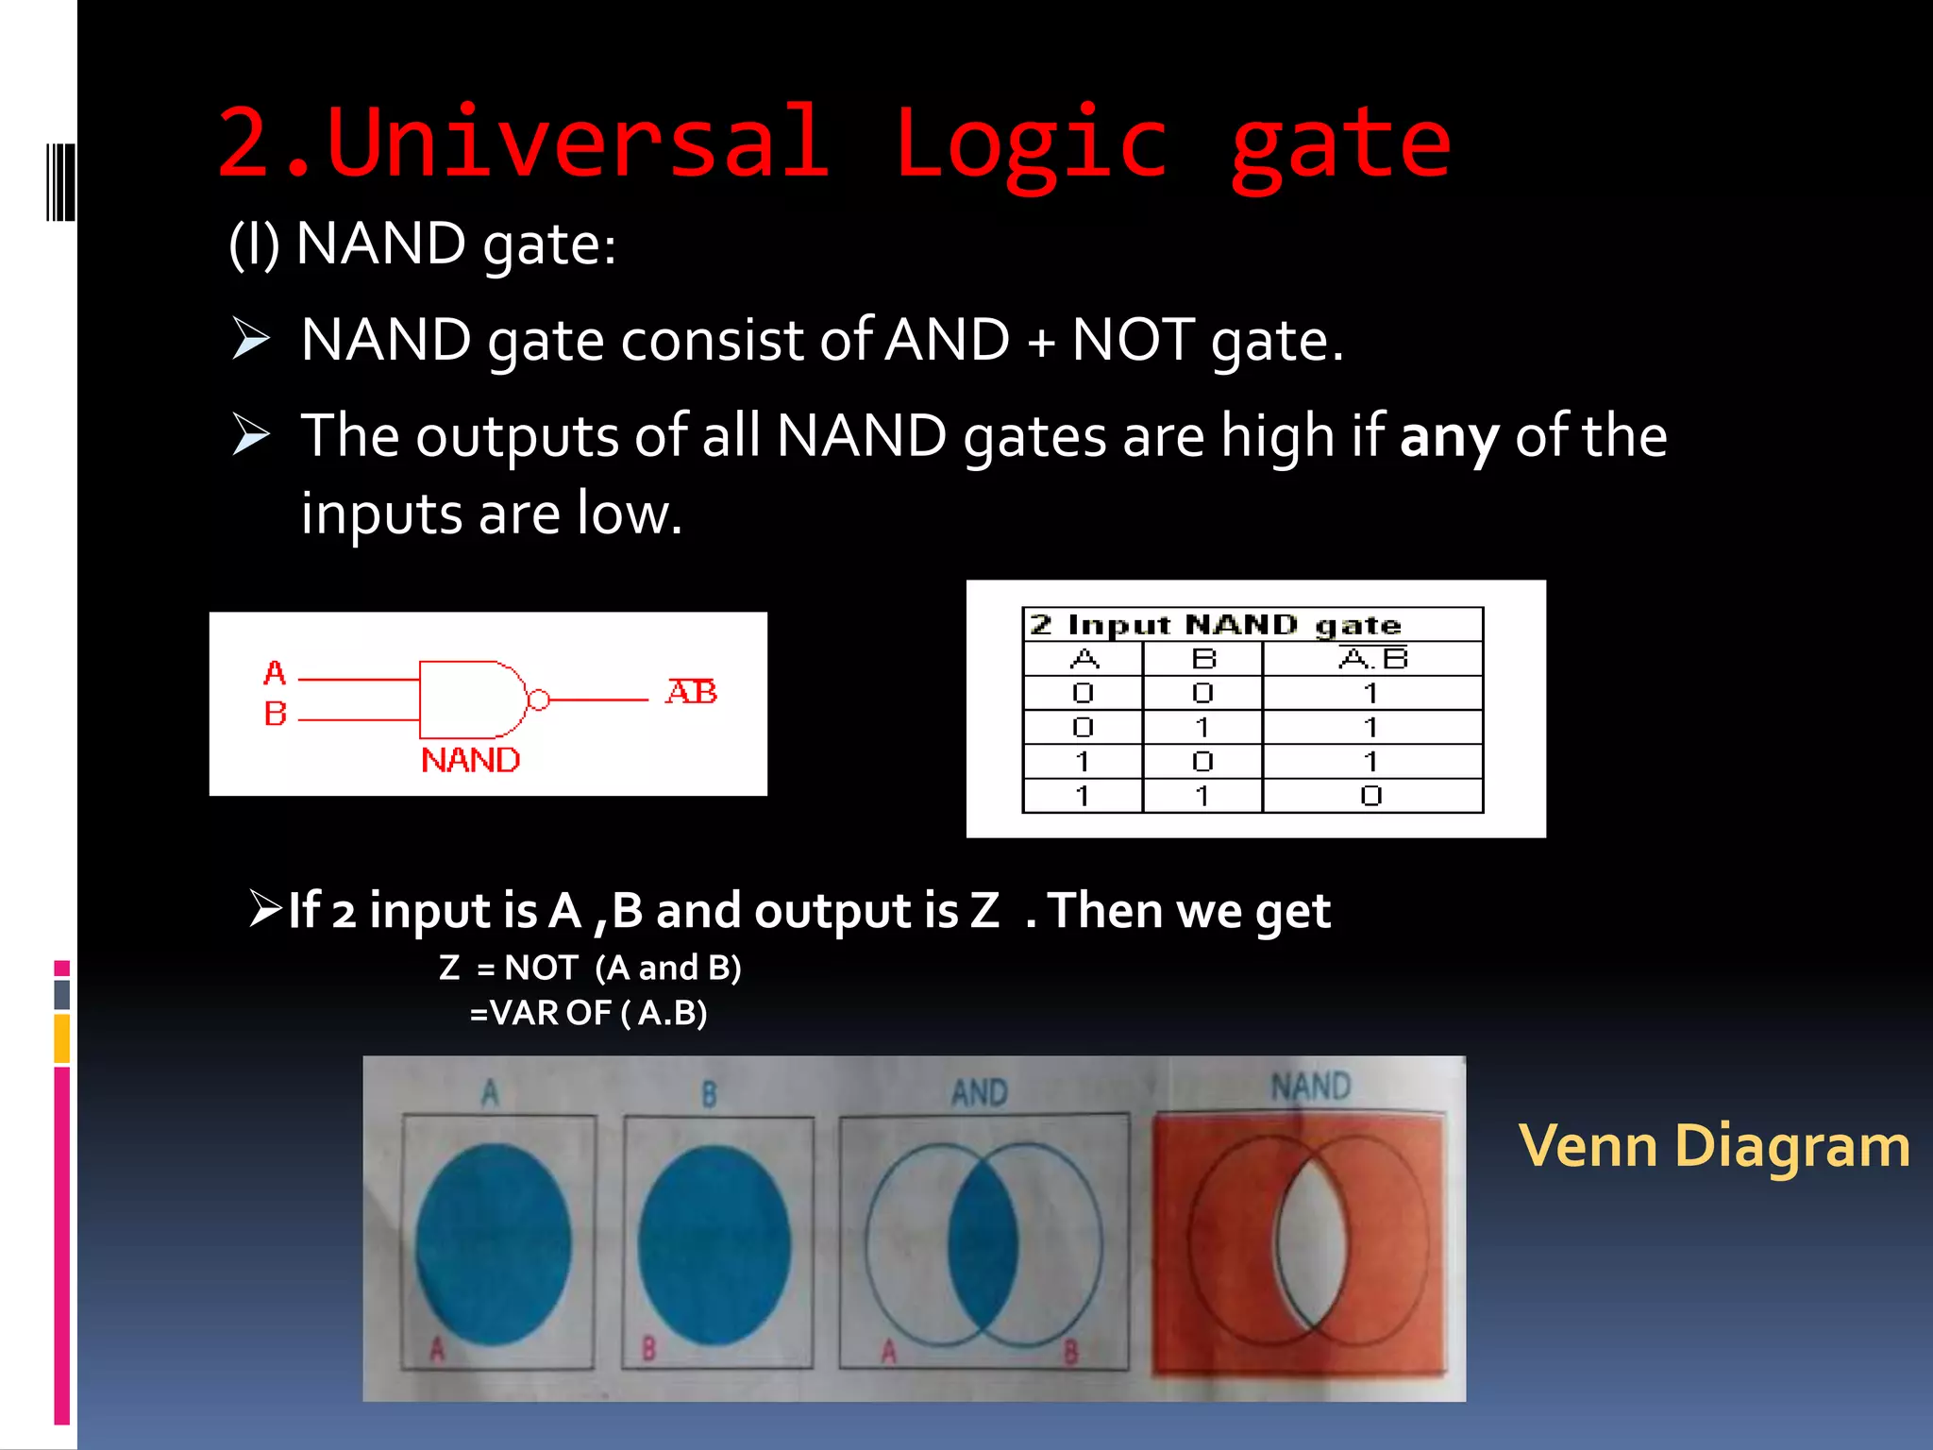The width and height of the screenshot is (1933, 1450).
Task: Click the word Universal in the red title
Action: [578, 143]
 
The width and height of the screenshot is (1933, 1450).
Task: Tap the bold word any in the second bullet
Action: [1449, 437]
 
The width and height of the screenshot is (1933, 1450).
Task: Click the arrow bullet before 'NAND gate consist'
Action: [251, 340]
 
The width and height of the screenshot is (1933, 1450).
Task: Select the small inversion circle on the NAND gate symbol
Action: [539, 700]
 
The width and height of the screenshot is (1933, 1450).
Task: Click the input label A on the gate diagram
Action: [275, 673]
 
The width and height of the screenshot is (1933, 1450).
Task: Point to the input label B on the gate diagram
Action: [275, 714]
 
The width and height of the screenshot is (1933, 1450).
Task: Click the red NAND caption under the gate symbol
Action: [470, 760]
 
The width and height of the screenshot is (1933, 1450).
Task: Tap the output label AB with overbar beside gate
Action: [691, 692]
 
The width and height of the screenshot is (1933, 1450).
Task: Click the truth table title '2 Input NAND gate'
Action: [1216, 625]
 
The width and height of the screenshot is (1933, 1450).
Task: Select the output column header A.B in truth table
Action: [1372, 658]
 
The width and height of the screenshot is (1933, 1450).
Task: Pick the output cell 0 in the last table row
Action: [1371, 796]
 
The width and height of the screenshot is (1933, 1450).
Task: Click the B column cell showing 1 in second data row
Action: [1202, 727]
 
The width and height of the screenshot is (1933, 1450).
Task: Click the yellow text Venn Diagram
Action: [1714, 1146]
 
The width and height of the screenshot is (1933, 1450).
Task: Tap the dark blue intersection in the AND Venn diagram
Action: [983, 1244]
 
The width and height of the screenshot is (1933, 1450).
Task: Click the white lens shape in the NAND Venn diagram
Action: [1310, 1244]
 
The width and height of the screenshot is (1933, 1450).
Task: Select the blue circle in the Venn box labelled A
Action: [493, 1244]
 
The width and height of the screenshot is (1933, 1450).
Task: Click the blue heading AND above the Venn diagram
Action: [980, 1093]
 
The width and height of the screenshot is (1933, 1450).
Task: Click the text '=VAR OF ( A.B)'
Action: [588, 1013]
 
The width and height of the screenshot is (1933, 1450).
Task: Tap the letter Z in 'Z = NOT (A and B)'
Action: [449, 968]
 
